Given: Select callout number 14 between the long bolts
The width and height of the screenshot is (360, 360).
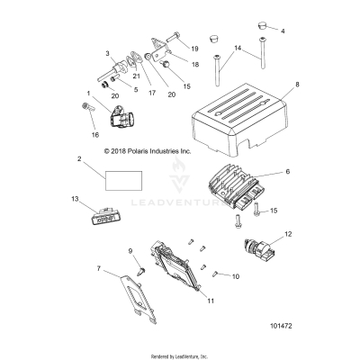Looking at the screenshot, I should tap(237, 48).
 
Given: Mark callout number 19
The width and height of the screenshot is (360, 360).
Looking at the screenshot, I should tap(195, 46).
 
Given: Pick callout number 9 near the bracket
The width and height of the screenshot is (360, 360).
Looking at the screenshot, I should tap(129, 250).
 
